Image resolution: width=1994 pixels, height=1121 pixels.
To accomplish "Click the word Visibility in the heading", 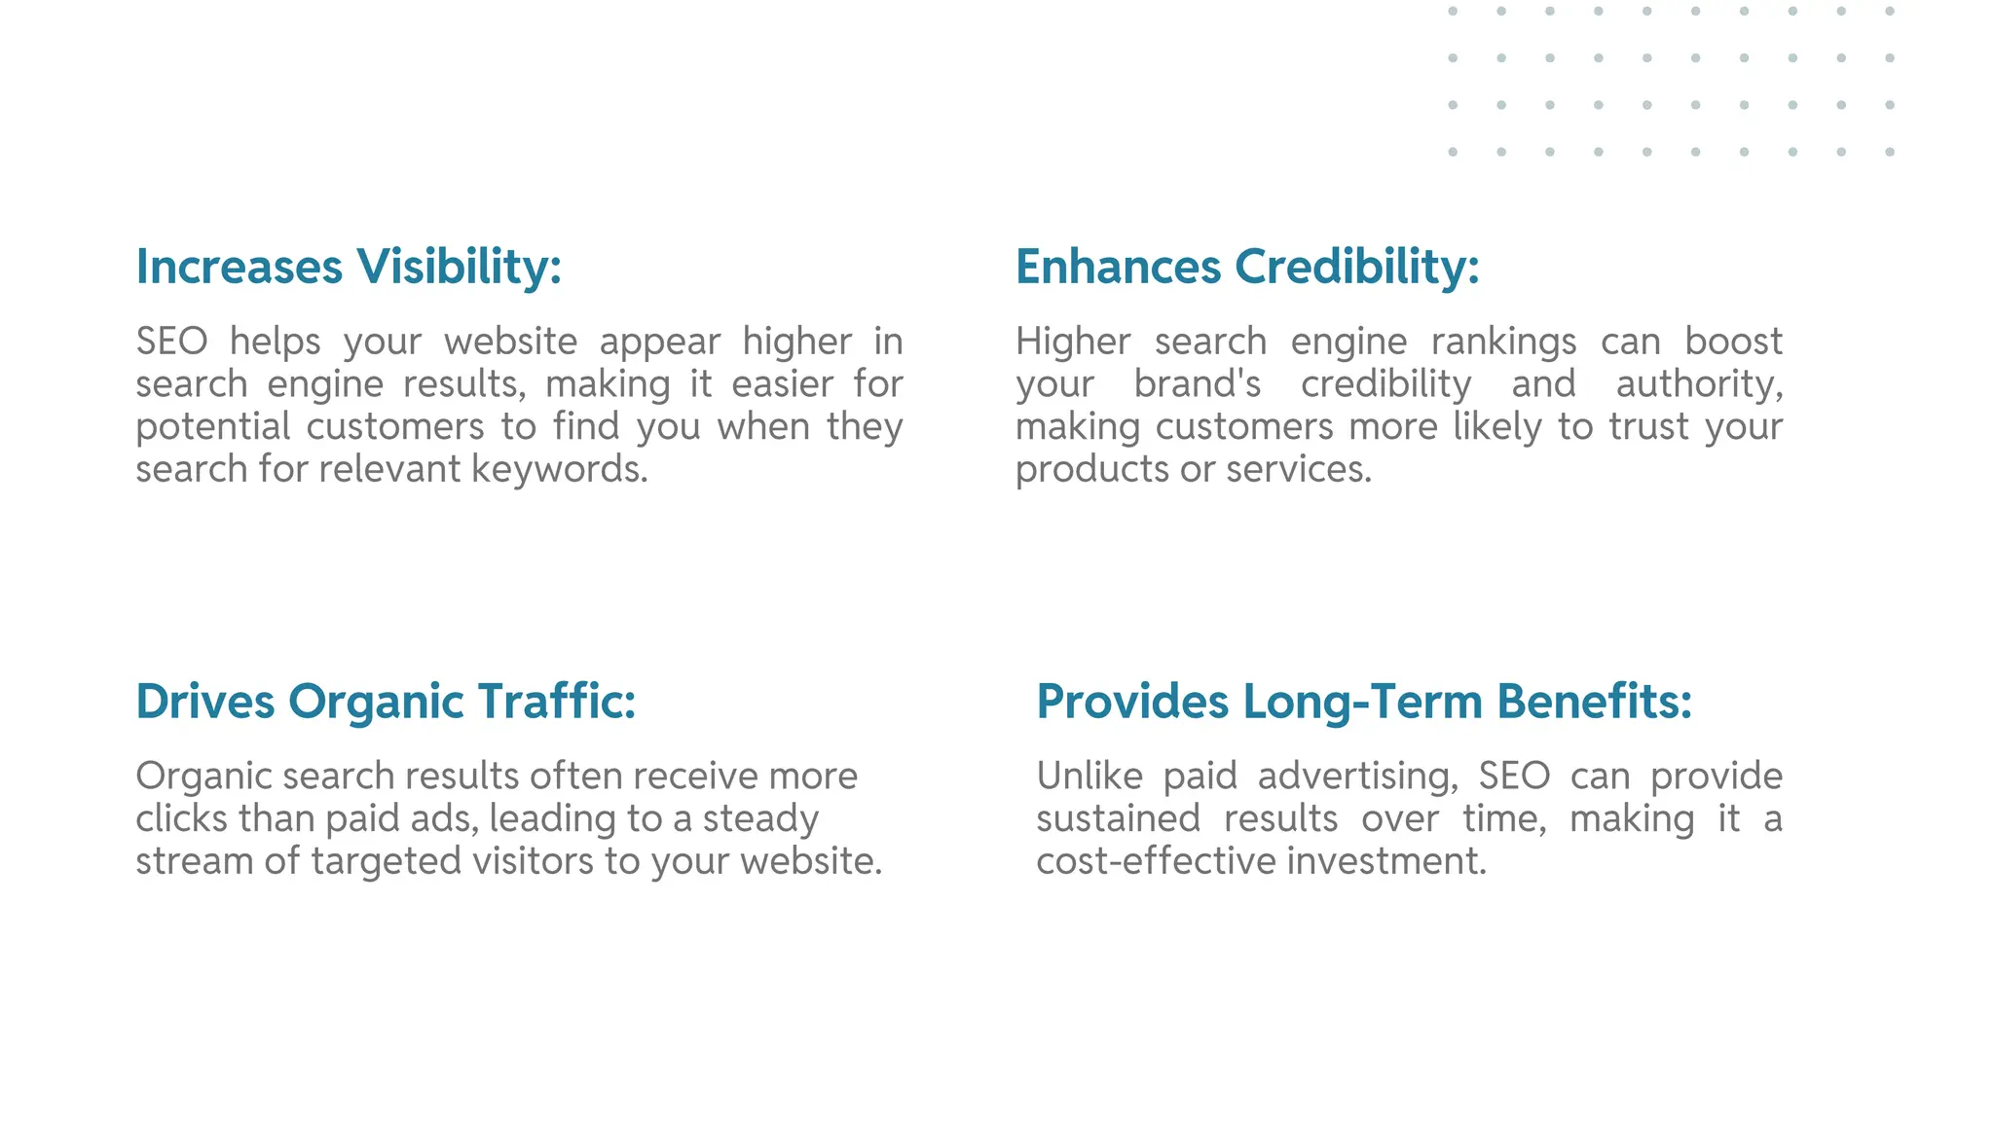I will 459,267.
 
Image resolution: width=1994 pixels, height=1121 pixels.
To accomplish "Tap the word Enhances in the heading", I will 1118,267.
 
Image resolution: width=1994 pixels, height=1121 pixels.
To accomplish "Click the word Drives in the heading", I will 204,702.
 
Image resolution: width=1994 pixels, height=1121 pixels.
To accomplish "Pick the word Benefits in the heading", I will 1594,702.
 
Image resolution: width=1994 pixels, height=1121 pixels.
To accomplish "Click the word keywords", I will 560,469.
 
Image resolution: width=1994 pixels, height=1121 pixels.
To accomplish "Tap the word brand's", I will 1198,384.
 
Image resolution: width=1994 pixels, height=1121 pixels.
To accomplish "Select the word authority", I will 1699,384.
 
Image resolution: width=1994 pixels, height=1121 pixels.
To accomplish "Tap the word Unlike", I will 1089,777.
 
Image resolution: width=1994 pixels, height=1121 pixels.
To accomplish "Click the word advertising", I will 1357,777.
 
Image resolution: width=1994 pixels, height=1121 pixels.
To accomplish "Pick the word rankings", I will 1503,342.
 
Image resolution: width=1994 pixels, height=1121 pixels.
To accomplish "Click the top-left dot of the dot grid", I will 1453,12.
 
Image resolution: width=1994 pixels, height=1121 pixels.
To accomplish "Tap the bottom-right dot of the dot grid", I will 1890,152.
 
